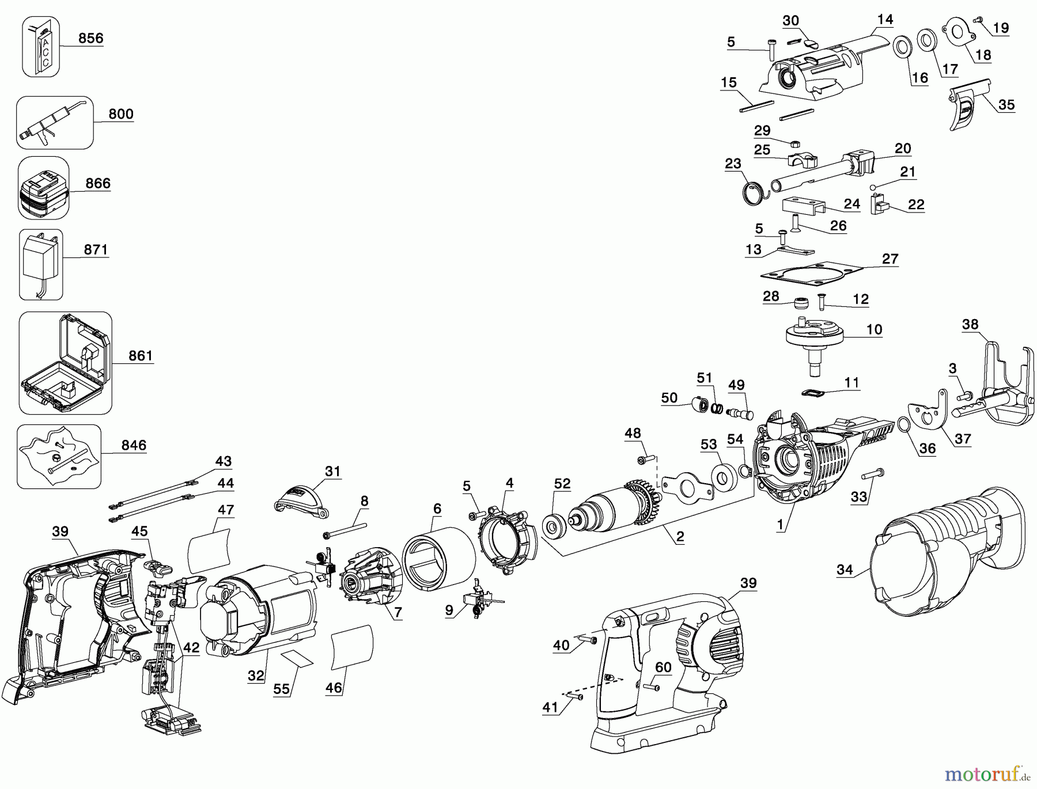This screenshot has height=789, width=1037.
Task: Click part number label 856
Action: coord(90,39)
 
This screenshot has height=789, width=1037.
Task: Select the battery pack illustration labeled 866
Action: coord(43,188)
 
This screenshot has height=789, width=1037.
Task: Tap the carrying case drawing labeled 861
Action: coord(65,362)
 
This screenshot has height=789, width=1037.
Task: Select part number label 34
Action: coord(845,570)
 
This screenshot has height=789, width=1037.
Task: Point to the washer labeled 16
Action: coord(902,48)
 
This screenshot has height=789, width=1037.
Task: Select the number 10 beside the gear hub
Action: coord(874,329)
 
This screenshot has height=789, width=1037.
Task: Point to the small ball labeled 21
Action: coord(873,187)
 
